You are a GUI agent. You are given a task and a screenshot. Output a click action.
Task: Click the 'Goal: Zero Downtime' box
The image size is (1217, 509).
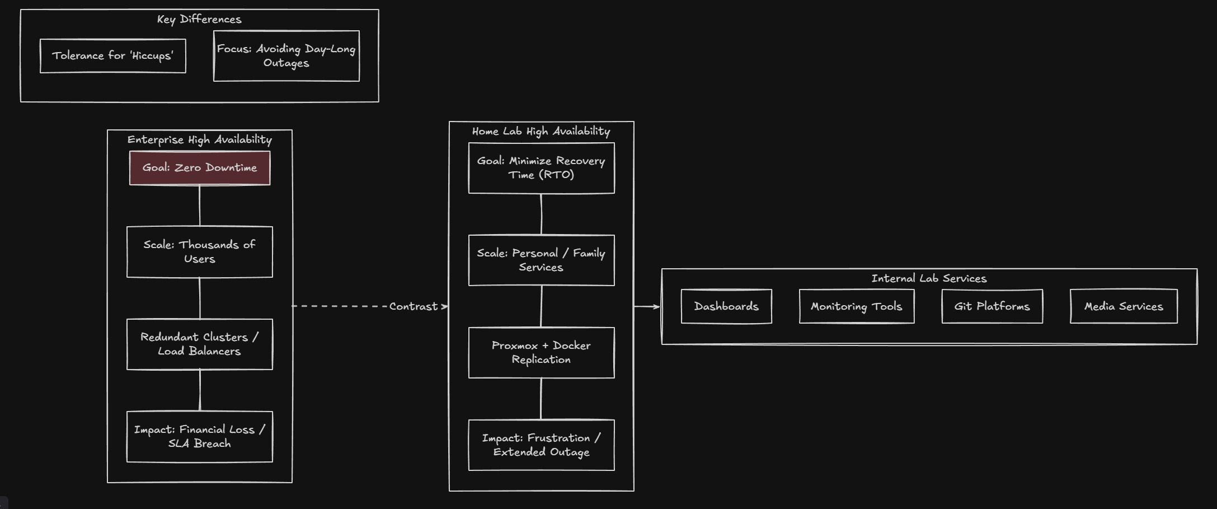click(200, 168)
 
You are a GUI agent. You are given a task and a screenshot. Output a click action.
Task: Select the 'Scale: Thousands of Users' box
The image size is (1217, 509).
click(200, 252)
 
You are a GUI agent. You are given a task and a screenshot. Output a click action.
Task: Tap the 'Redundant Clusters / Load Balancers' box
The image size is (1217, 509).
click(200, 344)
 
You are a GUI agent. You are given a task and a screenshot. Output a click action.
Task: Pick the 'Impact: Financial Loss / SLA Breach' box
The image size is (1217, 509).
click(200, 437)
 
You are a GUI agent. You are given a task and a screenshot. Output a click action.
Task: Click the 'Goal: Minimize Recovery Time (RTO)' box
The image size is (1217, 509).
click(541, 168)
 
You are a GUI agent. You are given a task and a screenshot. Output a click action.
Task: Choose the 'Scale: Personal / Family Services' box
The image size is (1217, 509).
click(541, 260)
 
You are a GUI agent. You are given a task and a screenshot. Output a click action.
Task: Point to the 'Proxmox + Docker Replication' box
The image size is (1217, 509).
click(541, 353)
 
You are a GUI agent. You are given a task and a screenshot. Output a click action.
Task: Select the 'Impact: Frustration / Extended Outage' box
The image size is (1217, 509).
click(541, 445)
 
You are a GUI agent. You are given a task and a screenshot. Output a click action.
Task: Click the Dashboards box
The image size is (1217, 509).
click(726, 306)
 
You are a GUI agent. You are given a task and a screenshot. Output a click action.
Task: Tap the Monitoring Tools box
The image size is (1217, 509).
click(857, 306)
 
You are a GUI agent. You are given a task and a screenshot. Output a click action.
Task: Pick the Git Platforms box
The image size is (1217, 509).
click(992, 306)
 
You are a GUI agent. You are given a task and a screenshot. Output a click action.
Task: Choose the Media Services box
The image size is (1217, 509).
click(1124, 306)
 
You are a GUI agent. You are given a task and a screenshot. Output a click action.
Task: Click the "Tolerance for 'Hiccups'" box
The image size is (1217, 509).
click(113, 56)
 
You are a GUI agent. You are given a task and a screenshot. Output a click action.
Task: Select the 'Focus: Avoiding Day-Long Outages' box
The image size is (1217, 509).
click(286, 56)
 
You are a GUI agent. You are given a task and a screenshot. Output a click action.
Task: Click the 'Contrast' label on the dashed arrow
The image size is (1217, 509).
click(414, 306)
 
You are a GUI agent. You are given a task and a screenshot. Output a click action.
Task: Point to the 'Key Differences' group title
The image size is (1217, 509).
click(199, 19)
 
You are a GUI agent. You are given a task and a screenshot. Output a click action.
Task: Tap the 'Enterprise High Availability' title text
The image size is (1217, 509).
click(200, 139)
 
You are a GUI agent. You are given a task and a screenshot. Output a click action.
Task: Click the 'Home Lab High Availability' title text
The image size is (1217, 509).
click(541, 131)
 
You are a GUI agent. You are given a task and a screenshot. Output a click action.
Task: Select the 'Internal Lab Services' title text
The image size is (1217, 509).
click(929, 278)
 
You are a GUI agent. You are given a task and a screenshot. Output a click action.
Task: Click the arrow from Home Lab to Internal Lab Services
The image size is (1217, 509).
click(647, 306)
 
